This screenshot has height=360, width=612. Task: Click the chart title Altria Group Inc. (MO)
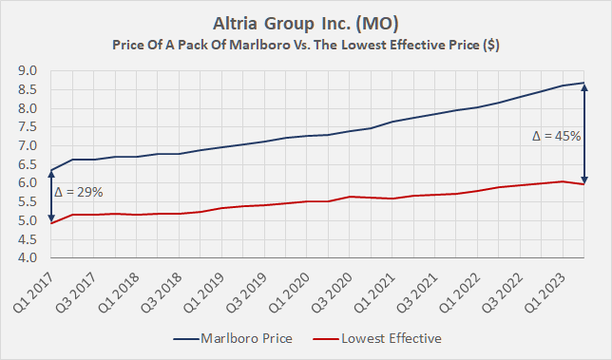[x=306, y=22]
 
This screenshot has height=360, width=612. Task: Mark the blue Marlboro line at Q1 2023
[x=563, y=85]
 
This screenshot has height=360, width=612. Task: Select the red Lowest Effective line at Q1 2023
[x=563, y=181]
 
